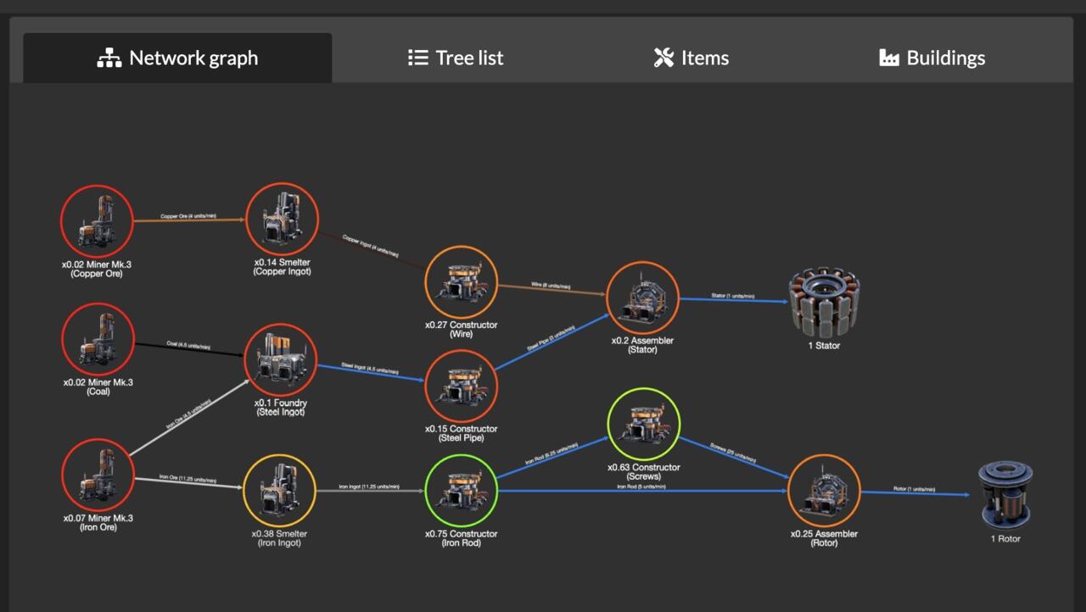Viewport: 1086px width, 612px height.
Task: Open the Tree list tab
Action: click(456, 58)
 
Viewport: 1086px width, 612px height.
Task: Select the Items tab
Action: click(691, 58)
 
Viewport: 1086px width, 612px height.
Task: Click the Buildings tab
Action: click(932, 58)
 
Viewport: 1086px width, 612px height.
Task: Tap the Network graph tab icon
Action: click(109, 58)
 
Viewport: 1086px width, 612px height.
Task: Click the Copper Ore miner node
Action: click(97, 220)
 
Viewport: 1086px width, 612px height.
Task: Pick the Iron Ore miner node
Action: click(98, 475)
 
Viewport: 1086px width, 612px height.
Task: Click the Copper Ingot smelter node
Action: click(282, 219)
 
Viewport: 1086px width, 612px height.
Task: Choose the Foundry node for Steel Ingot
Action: click(281, 359)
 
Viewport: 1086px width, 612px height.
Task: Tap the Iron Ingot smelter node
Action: click(279, 491)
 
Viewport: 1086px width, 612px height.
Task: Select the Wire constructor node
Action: click(461, 282)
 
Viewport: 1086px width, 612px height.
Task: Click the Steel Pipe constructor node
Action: click(461, 386)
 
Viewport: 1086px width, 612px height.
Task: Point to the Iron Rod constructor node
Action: click(461, 491)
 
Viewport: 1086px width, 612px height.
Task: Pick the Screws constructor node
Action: click(644, 424)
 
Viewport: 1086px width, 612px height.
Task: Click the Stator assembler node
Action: click(643, 298)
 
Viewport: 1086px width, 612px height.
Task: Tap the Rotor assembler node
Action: click(824, 491)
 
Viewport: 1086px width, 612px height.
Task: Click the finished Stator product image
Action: click(824, 302)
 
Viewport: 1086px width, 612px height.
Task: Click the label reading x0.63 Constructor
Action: click(643, 467)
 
